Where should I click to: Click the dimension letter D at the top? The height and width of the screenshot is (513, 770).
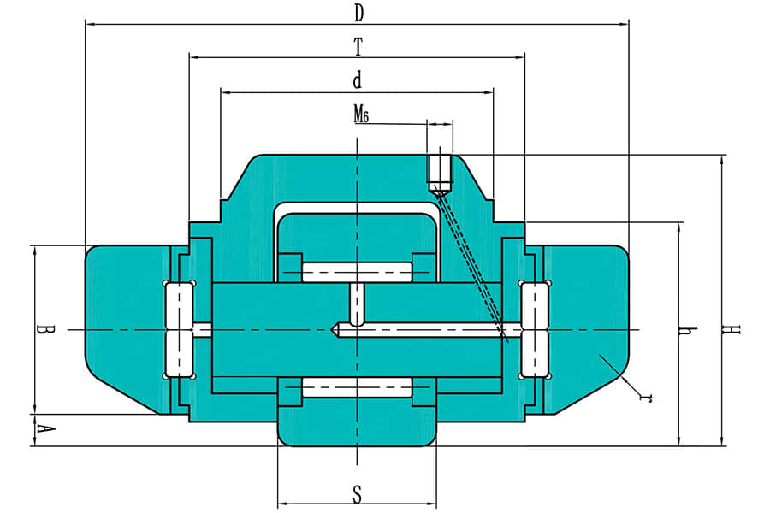[x=359, y=14]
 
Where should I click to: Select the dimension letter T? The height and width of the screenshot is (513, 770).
[x=358, y=48]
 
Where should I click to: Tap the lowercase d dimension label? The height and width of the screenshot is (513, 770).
[x=358, y=80]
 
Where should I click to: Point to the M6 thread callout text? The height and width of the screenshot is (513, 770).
[x=361, y=115]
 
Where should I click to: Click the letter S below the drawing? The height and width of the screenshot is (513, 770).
[x=358, y=494]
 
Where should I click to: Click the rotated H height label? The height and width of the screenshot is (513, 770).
[x=731, y=329]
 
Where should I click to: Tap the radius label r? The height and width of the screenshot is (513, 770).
[x=646, y=396]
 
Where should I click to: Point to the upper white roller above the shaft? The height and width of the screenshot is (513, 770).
[x=357, y=272]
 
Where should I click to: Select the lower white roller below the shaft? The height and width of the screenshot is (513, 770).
[x=357, y=386]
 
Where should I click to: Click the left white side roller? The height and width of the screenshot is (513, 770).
[x=180, y=330]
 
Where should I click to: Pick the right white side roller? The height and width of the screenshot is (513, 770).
[x=534, y=330]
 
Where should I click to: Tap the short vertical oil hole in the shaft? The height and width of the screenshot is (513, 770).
[x=357, y=305]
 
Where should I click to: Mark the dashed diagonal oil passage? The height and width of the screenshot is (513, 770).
[x=470, y=263]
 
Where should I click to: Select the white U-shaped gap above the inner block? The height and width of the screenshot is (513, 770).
[x=357, y=208]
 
